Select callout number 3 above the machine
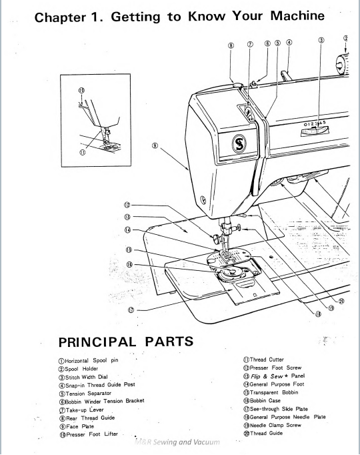click(321, 41)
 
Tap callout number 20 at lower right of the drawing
click(342, 300)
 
